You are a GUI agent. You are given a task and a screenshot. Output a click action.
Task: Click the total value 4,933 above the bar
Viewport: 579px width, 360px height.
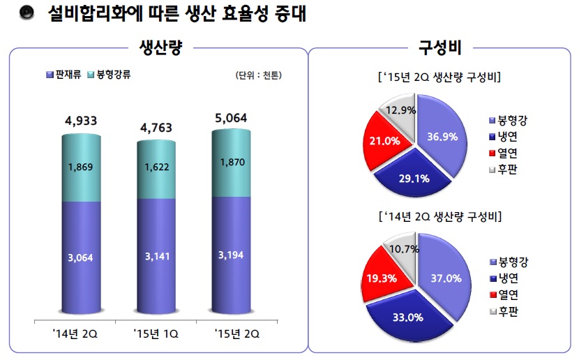(x=81, y=121)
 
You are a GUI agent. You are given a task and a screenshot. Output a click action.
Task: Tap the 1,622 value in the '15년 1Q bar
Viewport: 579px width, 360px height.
(x=156, y=168)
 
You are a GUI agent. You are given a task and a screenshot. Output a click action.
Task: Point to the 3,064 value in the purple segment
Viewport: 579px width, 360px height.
(x=82, y=258)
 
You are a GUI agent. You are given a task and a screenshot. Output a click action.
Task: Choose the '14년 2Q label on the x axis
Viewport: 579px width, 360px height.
(x=81, y=334)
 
